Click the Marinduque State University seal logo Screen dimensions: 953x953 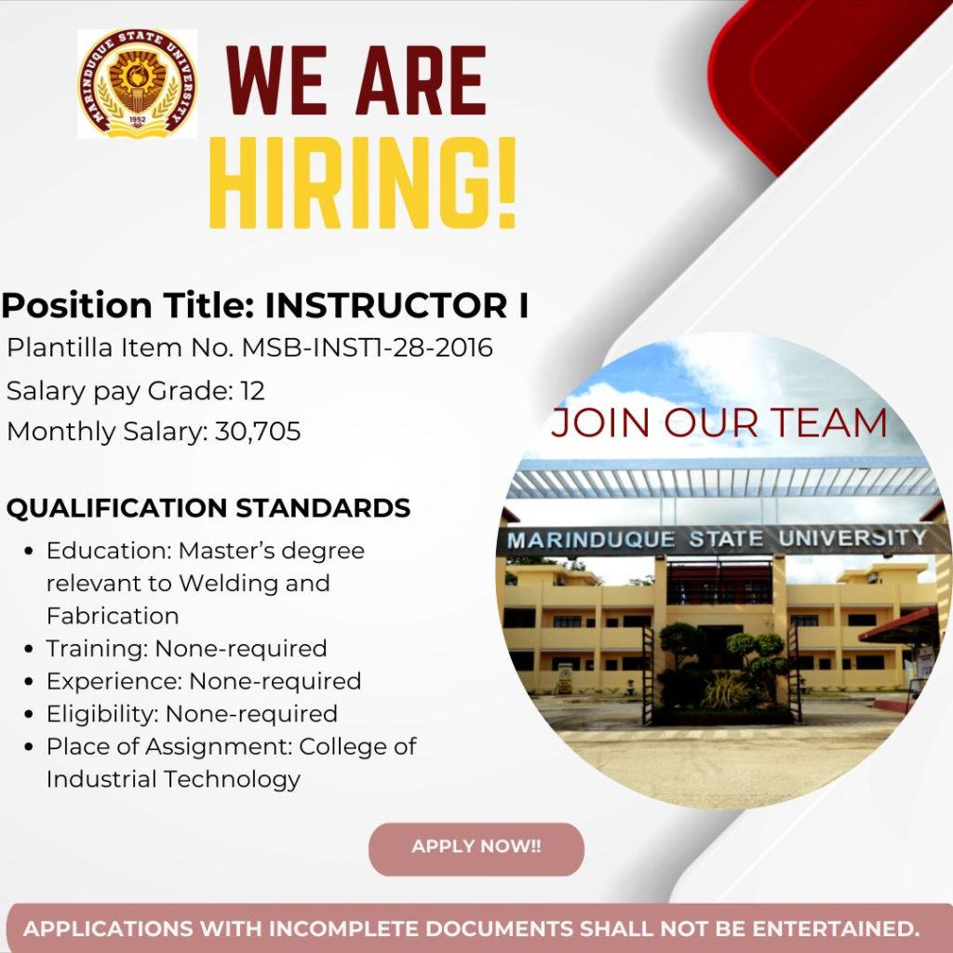pyautogui.click(x=138, y=83)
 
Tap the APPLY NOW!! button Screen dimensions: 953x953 pyautogui.click(x=476, y=849)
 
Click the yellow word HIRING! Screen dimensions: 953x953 pyautogui.click(x=363, y=183)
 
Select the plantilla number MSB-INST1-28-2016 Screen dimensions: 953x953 pyautogui.click(x=367, y=348)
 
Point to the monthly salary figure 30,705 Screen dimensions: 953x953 pyautogui.click(x=258, y=432)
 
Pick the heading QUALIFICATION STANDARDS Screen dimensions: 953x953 pyautogui.click(x=208, y=507)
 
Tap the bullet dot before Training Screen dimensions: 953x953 pyautogui.click(x=29, y=649)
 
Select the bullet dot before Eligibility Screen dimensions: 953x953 pyautogui.click(x=29, y=714)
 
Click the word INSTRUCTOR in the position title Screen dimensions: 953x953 pyautogui.click(x=386, y=305)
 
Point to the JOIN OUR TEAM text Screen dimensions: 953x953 pyautogui.click(x=719, y=423)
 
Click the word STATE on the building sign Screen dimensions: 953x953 pyautogui.click(x=726, y=539)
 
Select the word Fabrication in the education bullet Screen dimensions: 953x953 pyautogui.click(x=113, y=616)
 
